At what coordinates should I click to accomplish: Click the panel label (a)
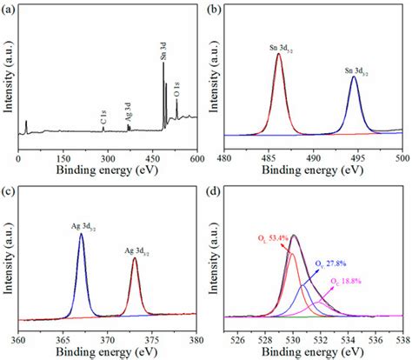pyautogui.click(x=9, y=7)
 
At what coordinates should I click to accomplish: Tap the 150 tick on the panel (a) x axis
pyautogui.click(x=63, y=160)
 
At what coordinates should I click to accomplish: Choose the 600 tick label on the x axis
pyautogui.click(x=196, y=160)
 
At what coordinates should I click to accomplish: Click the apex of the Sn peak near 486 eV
pyautogui.click(x=278, y=54)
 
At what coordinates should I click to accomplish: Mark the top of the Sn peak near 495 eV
pyautogui.click(x=354, y=77)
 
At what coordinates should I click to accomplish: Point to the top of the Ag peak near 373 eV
pyautogui.click(x=134, y=258)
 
